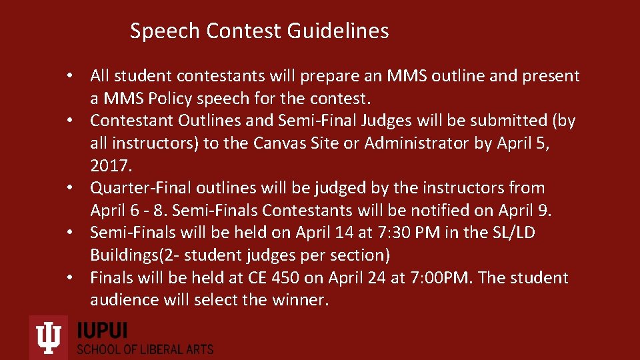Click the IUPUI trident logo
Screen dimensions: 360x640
click(x=49, y=337)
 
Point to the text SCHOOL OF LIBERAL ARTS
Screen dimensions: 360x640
click(x=145, y=349)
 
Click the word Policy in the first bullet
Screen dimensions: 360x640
click(x=173, y=99)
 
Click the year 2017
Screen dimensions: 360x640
click(x=109, y=165)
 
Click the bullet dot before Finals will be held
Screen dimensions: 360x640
click(x=78, y=277)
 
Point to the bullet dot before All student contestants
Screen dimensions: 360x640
click(x=78, y=76)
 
